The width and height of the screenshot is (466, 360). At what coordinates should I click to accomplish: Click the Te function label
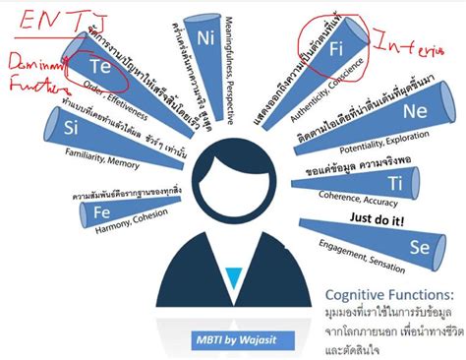tap(99, 66)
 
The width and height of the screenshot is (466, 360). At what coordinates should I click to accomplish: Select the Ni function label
tap(205, 40)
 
